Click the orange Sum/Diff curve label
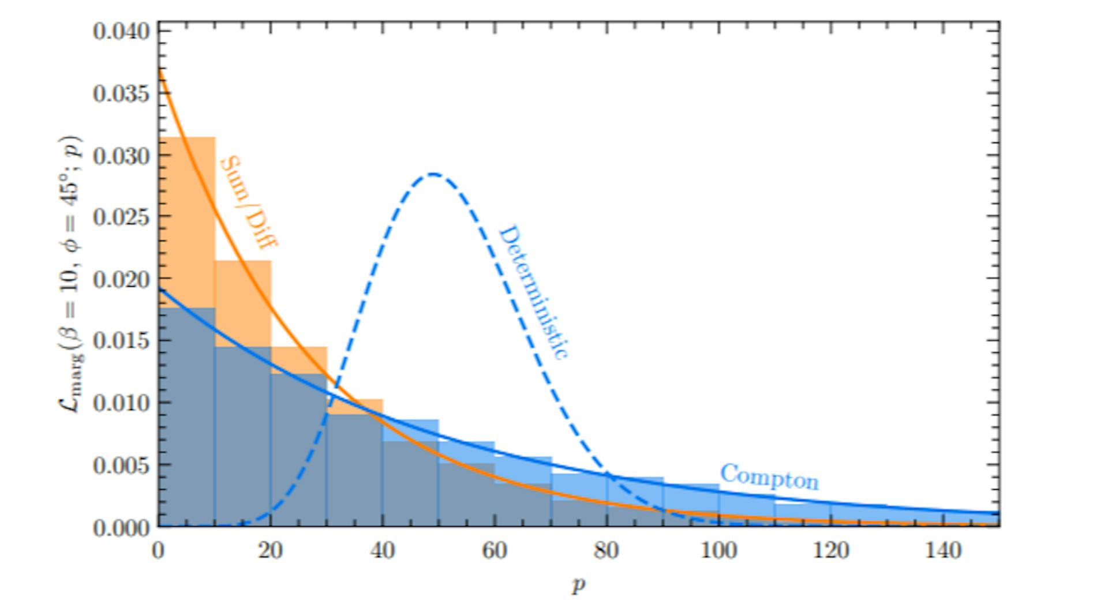point(248,202)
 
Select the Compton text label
point(769,476)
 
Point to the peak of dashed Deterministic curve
point(433,174)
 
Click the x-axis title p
point(578,585)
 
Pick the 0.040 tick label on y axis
point(121,31)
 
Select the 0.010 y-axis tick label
point(121,403)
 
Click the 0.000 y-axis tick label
point(121,527)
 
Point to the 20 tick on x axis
point(270,551)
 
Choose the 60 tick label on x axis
point(495,551)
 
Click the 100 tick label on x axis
point(718,551)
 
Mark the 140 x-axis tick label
point(943,551)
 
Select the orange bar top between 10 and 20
point(242,261)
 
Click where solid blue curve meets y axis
point(159,290)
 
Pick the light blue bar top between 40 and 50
point(410,420)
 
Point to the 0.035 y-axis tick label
point(121,93)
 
